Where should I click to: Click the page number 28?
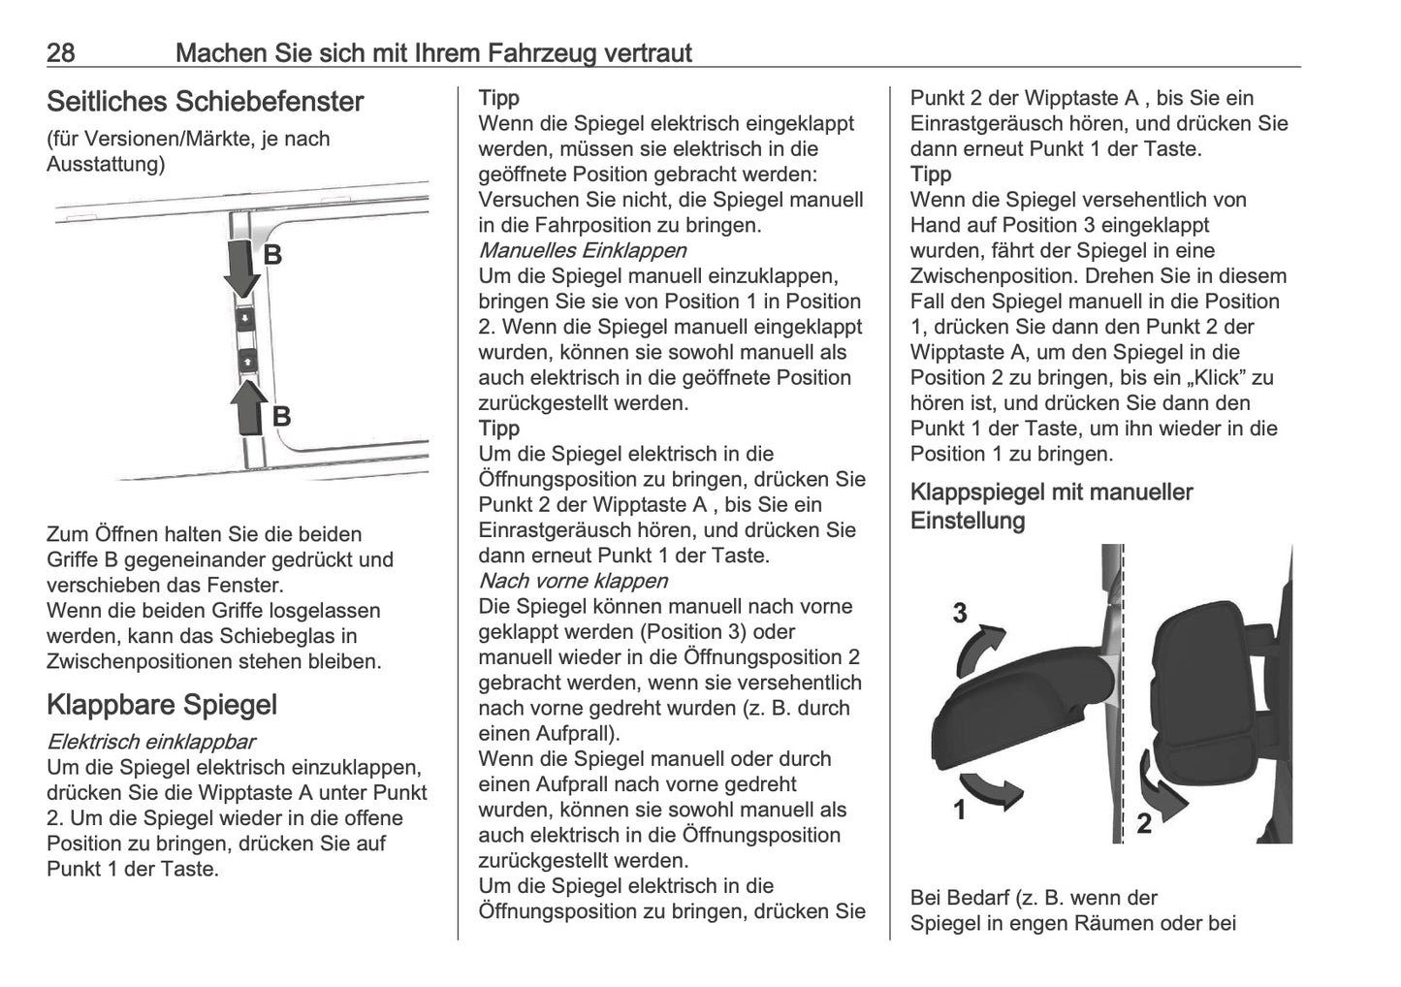[x=60, y=52]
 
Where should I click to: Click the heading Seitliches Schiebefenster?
[x=205, y=102]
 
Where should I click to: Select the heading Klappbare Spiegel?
[x=161, y=705]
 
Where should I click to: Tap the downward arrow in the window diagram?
[x=242, y=266]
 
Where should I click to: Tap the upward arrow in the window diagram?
[x=249, y=405]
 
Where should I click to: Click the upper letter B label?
[x=273, y=255]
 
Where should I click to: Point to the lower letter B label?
[x=281, y=417]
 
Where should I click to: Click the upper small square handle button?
[x=246, y=317]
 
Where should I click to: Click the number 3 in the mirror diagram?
[x=959, y=613]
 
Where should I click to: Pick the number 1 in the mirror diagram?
[x=959, y=810]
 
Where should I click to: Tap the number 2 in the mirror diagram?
[x=1144, y=825]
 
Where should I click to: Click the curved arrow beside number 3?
[x=980, y=649]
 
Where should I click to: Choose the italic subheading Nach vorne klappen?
[x=573, y=581]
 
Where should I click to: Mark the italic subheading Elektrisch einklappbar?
[x=150, y=743]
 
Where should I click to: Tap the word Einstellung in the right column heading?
[x=967, y=521]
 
